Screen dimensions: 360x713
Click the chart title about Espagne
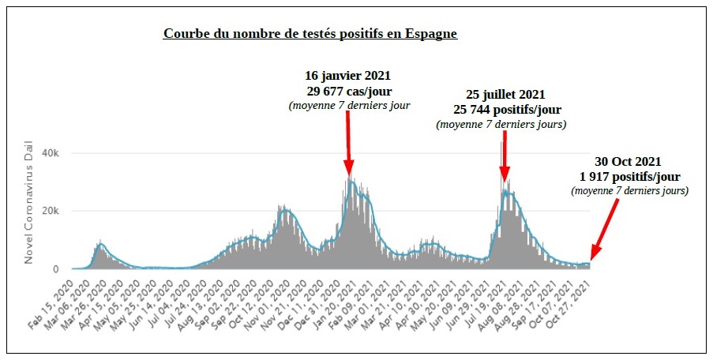(x=310, y=34)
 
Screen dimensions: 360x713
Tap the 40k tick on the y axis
(x=51, y=152)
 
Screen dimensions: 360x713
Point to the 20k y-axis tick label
(x=51, y=211)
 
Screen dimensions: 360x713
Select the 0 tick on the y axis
(x=56, y=269)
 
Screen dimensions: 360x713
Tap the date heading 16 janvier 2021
(x=348, y=77)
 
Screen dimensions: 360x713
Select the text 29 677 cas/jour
(x=348, y=91)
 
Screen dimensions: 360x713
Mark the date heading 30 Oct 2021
(x=629, y=161)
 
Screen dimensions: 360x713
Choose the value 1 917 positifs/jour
(x=629, y=176)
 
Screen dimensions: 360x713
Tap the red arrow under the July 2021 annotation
(x=504, y=158)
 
